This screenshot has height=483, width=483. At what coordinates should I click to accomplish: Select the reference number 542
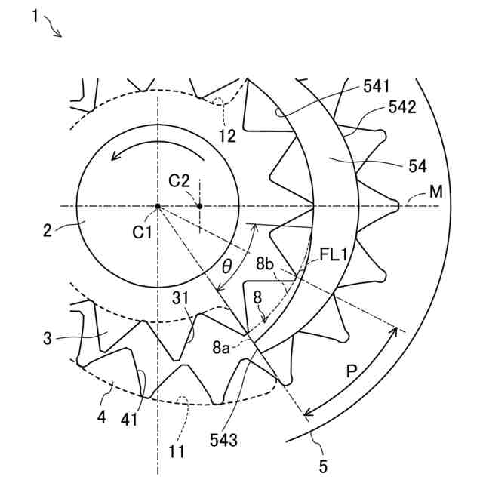401,108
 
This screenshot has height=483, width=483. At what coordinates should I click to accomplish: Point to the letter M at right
435,192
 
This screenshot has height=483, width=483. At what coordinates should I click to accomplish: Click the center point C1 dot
158,205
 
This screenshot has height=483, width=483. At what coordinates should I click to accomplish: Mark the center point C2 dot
199,205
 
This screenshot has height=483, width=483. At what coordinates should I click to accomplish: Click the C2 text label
179,180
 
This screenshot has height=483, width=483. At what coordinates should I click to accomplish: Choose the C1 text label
143,232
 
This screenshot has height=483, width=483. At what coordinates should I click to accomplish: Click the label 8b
264,264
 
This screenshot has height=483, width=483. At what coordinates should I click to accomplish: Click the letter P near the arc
352,372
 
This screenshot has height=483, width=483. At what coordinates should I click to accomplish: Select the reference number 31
180,300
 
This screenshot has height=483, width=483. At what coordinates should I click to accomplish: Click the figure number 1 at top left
35,16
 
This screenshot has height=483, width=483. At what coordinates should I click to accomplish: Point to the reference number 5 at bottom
323,466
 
